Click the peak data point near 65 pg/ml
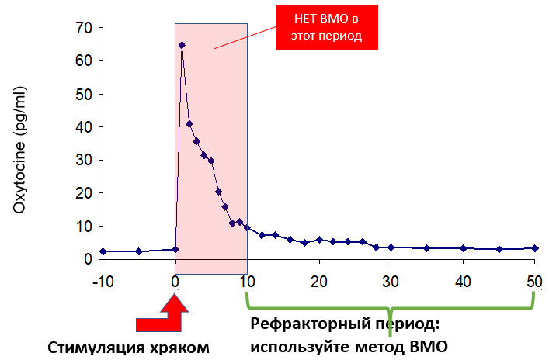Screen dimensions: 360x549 pyautogui.click(x=182, y=45)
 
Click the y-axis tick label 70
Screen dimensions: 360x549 pyautogui.click(x=82, y=28)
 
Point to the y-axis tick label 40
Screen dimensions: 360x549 pyautogui.click(x=82, y=127)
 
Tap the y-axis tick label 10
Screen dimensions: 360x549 pyautogui.click(x=82, y=227)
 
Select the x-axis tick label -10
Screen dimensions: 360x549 pyautogui.click(x=103, y=279)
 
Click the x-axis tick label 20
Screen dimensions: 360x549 pyautogui.click(x=319, y=279)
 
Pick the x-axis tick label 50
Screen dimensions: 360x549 pyautogui.click(x=534, y=279)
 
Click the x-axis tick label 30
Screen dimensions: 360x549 pyautogui.click(x=391, y=279)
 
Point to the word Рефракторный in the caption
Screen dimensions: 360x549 pyautogui.click(x=304, y=324)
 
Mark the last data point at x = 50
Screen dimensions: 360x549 pyautogui.click(x=534, y=248)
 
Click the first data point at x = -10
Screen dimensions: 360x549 pyautogui.click(x=103, y=251)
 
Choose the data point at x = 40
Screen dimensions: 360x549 pyautogui.click(x=463, y=248)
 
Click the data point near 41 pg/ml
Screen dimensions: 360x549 pyautogui.click(x=189, y=124)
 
